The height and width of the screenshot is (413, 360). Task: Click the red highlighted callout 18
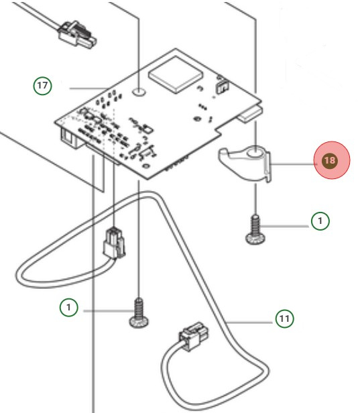(329, 161)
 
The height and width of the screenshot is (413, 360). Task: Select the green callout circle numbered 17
(43, 86)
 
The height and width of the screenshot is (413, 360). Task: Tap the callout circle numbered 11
(285, 318)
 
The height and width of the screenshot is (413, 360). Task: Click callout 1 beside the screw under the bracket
(320, 221)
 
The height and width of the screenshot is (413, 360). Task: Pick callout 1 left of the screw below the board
(69, 308)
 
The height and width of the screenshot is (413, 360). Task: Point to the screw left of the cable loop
(138, 313)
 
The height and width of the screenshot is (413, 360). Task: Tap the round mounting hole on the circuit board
(138, 88)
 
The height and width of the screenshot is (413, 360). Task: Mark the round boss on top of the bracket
(255, 155)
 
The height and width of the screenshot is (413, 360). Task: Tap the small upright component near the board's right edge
(221, 87)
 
